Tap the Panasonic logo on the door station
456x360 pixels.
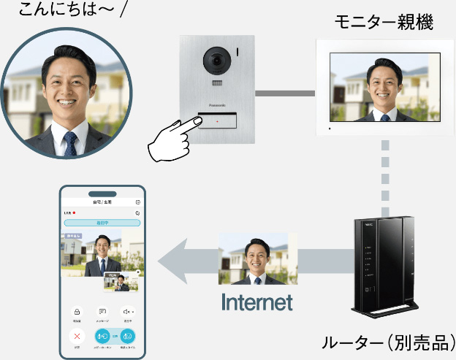pos(218,105)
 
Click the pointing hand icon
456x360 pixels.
pos(172,139)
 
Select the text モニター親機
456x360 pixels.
pos(384,23)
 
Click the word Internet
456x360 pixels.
pos(256,302)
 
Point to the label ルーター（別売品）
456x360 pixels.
pos(387,342)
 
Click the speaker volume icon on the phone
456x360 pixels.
pos(127,312)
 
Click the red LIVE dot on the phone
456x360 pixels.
pos(74,212)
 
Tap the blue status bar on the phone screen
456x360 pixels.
pos(102,222)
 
